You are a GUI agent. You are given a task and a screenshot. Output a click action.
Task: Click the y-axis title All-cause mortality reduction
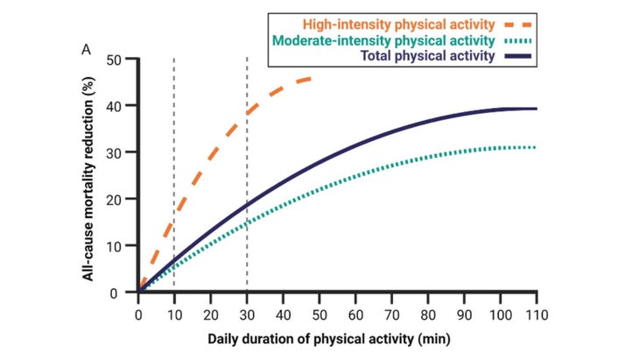(88, 175)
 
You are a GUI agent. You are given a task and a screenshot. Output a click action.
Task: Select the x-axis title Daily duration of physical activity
(336, 337)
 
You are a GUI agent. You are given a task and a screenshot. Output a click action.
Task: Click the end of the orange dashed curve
(311, 78)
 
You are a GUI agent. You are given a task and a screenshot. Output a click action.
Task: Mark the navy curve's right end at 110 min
(535, 109)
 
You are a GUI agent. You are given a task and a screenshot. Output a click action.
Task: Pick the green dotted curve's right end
(535, 147)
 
